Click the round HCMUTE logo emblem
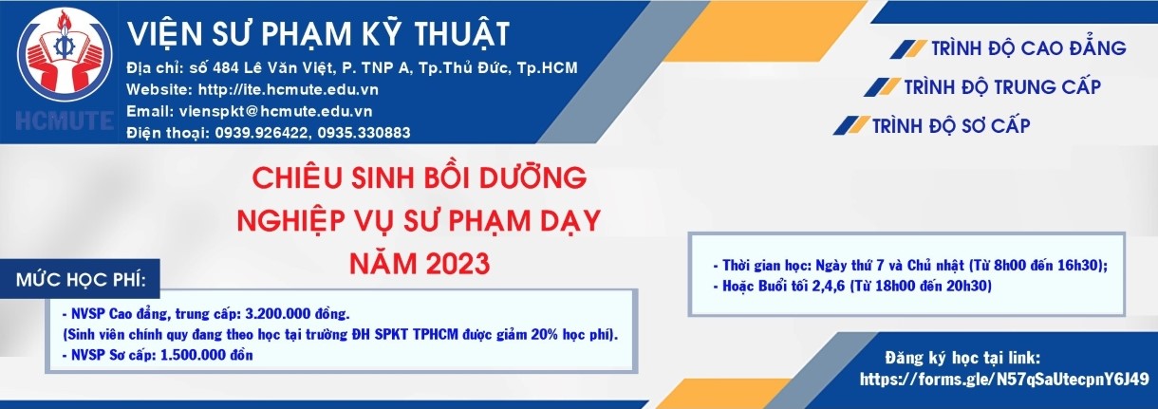pos(65,54)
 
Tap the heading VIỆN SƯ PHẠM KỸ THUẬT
pos(319,34)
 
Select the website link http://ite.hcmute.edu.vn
pos(289,89)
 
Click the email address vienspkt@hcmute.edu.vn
pos(275,111)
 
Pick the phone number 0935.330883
pos(364,133)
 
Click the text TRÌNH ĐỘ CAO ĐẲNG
pos(1029,48)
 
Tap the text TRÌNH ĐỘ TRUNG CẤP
pos(1002,87)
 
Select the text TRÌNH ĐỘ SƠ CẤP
pos(951,125)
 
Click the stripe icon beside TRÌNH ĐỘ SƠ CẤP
pos(851,125)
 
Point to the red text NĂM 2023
pos(420,263)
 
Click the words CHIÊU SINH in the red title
pos(333,177)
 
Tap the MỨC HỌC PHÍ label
pos(81,280)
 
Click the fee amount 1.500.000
pos(192,355)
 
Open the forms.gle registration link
pos(1004,380)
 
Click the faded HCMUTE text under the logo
pos(65,121)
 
